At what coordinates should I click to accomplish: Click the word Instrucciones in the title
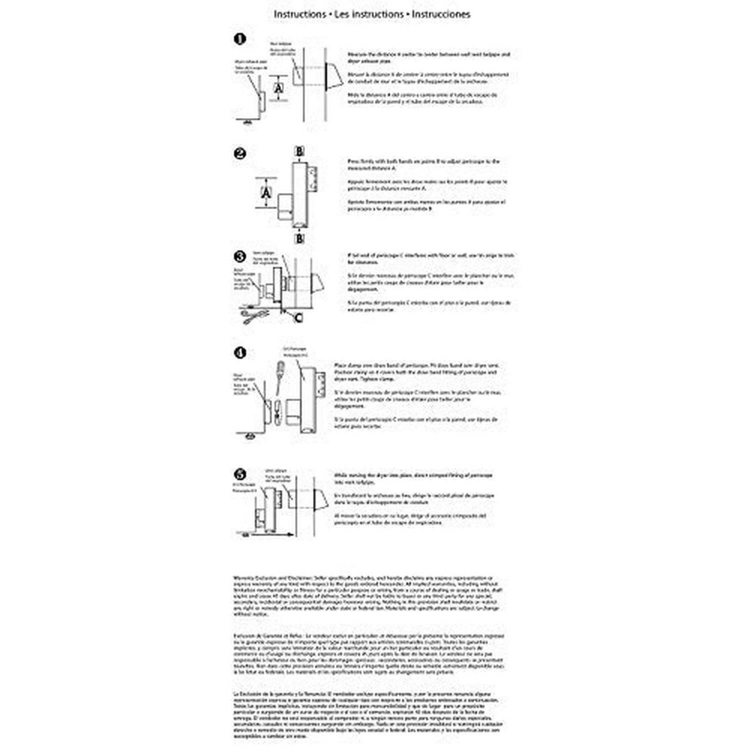coord(441,14)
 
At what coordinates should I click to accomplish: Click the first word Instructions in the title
coord(299,14)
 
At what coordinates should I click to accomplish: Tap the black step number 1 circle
coord(240,38)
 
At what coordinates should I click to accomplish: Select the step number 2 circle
coord(240,153)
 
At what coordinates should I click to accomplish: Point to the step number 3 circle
coord(240,256)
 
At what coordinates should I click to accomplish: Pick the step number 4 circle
coord(240,352)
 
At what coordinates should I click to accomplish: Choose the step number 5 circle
coord(240,474)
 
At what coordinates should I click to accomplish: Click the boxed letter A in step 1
coord(278,88)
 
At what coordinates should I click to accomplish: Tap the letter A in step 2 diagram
coord(266,192)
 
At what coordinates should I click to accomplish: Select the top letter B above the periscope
coord(299,150)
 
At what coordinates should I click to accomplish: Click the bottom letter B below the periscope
coord(299,238)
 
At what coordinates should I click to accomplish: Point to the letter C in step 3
coord(298,317)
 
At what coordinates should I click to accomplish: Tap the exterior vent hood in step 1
coord(333,80)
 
